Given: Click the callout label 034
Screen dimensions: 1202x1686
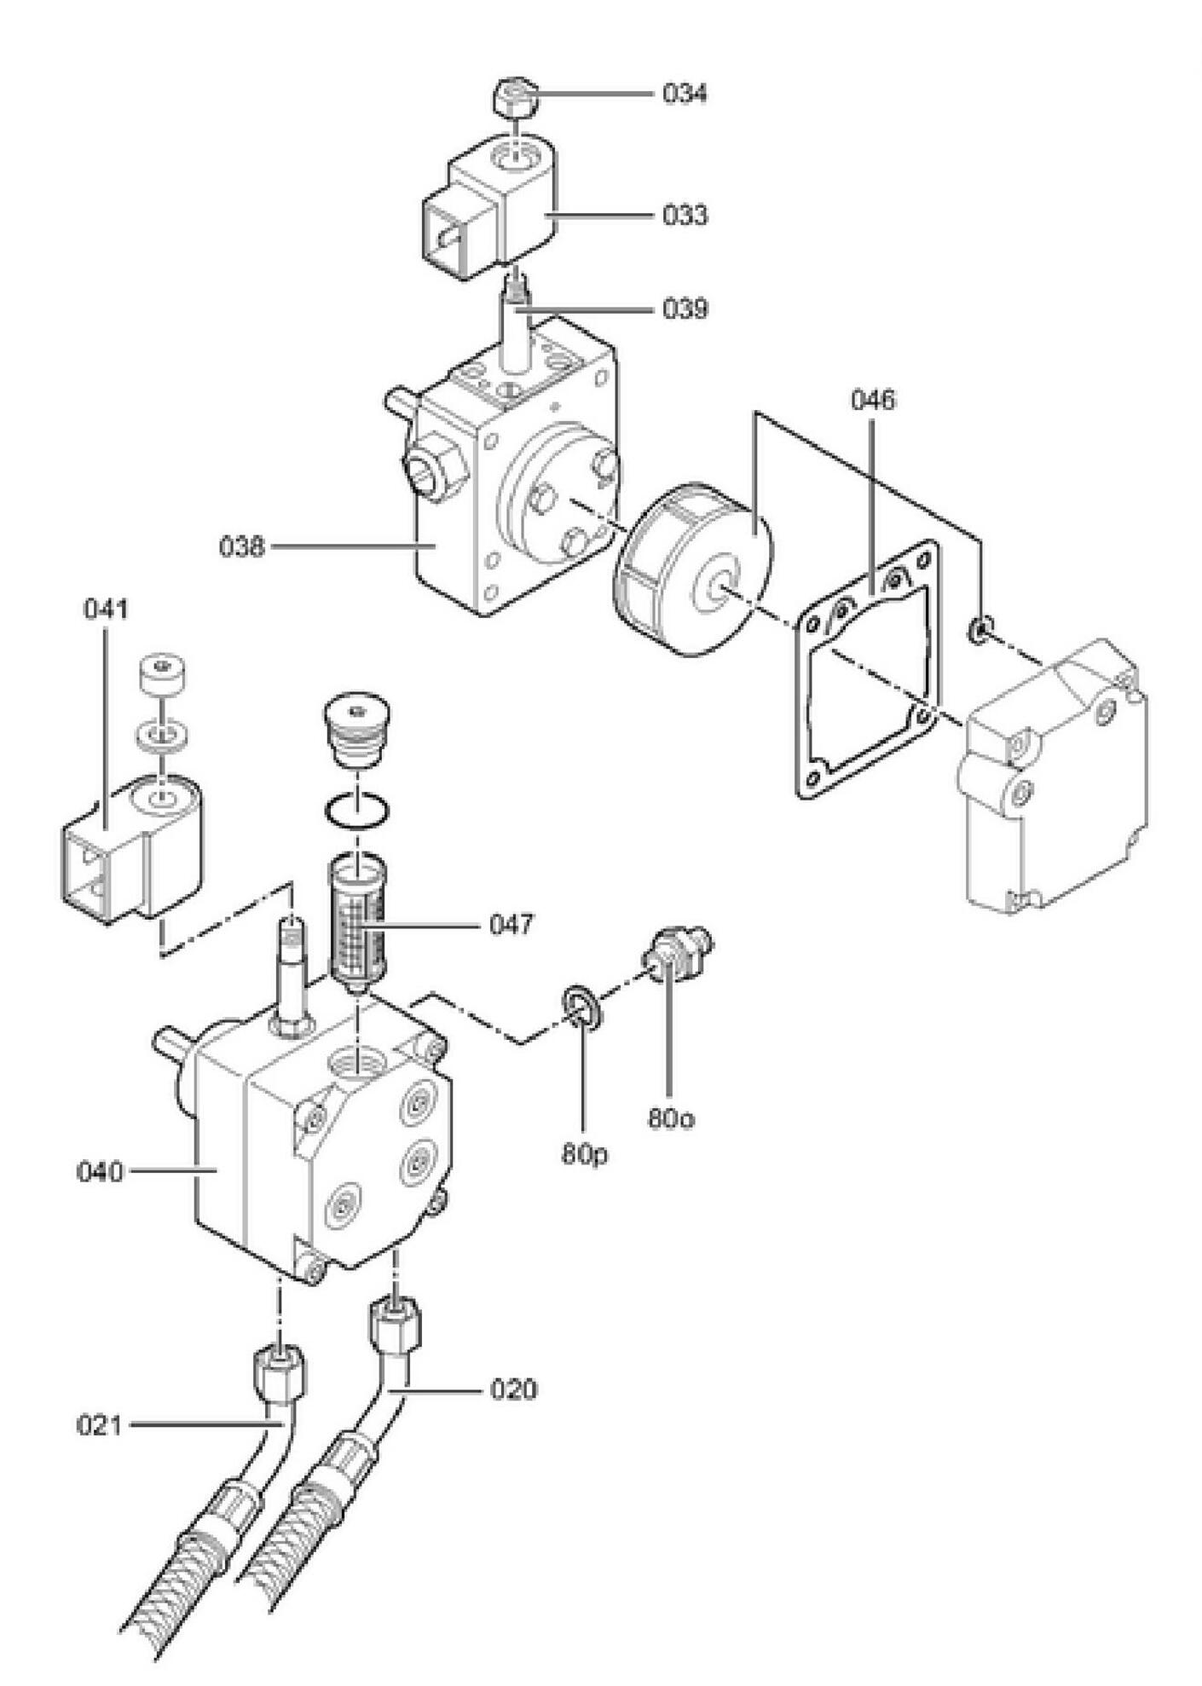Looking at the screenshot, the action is tap(685, 94).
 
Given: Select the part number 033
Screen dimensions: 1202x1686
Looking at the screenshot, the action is tap(685, 216).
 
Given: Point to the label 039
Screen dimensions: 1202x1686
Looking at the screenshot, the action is tap(685, 309).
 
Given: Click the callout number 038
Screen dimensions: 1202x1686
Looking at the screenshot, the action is tap(243, 546).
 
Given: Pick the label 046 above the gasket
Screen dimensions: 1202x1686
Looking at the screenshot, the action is tap(874, 400).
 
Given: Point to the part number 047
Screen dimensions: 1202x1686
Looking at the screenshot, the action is tap(511, 924).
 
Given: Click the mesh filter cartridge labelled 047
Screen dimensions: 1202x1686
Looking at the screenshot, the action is tap(358, 926).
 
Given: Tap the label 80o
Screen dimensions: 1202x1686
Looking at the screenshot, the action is tap(670, 1118).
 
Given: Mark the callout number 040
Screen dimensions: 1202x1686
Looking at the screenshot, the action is tap(101, 1172).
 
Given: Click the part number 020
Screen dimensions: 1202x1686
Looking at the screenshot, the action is tap(514, 1390).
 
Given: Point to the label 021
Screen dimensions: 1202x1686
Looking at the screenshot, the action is tap(101, 1425).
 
